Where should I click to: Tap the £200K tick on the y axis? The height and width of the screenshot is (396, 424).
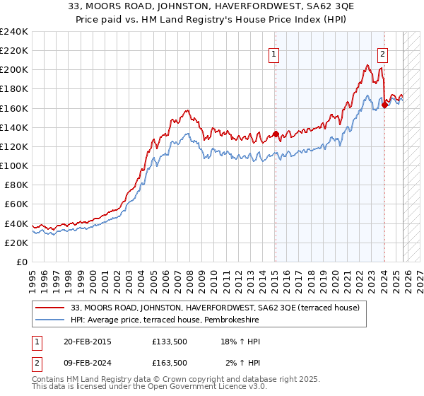point(14,70)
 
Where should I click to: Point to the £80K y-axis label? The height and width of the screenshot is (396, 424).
point(14,185)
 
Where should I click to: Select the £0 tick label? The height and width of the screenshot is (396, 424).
point(21,262)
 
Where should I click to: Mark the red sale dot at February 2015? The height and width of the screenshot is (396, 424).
point(276,134)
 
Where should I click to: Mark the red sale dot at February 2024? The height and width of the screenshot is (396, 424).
point(384,105)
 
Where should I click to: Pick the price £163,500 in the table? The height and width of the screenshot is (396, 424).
point(170,362)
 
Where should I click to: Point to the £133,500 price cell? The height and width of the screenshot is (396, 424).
point(170,342)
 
